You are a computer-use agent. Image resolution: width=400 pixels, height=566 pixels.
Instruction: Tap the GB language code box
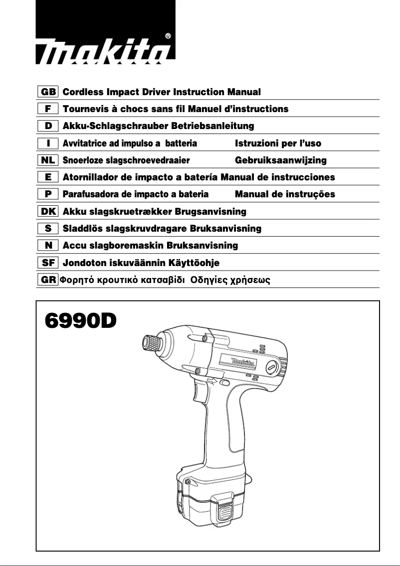[x=48, y=92]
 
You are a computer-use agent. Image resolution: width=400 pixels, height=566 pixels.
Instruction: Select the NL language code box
[x=48, y=160]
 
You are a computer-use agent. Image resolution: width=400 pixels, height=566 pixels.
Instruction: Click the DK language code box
[x=48, y=212]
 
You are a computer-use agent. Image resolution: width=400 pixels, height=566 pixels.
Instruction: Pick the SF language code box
[x=48, y=263]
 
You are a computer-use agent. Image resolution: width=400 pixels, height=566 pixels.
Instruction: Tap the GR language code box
[x=48, y=280]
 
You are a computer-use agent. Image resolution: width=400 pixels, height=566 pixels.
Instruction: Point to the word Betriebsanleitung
[x=212, y=126]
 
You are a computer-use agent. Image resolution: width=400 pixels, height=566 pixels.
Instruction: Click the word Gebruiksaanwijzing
[x=280, y=160]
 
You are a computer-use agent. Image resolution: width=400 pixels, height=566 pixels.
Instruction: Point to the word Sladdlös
[x=82, y=229]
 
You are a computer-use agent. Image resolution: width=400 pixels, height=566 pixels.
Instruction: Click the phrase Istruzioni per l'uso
[x=278, y=143]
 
